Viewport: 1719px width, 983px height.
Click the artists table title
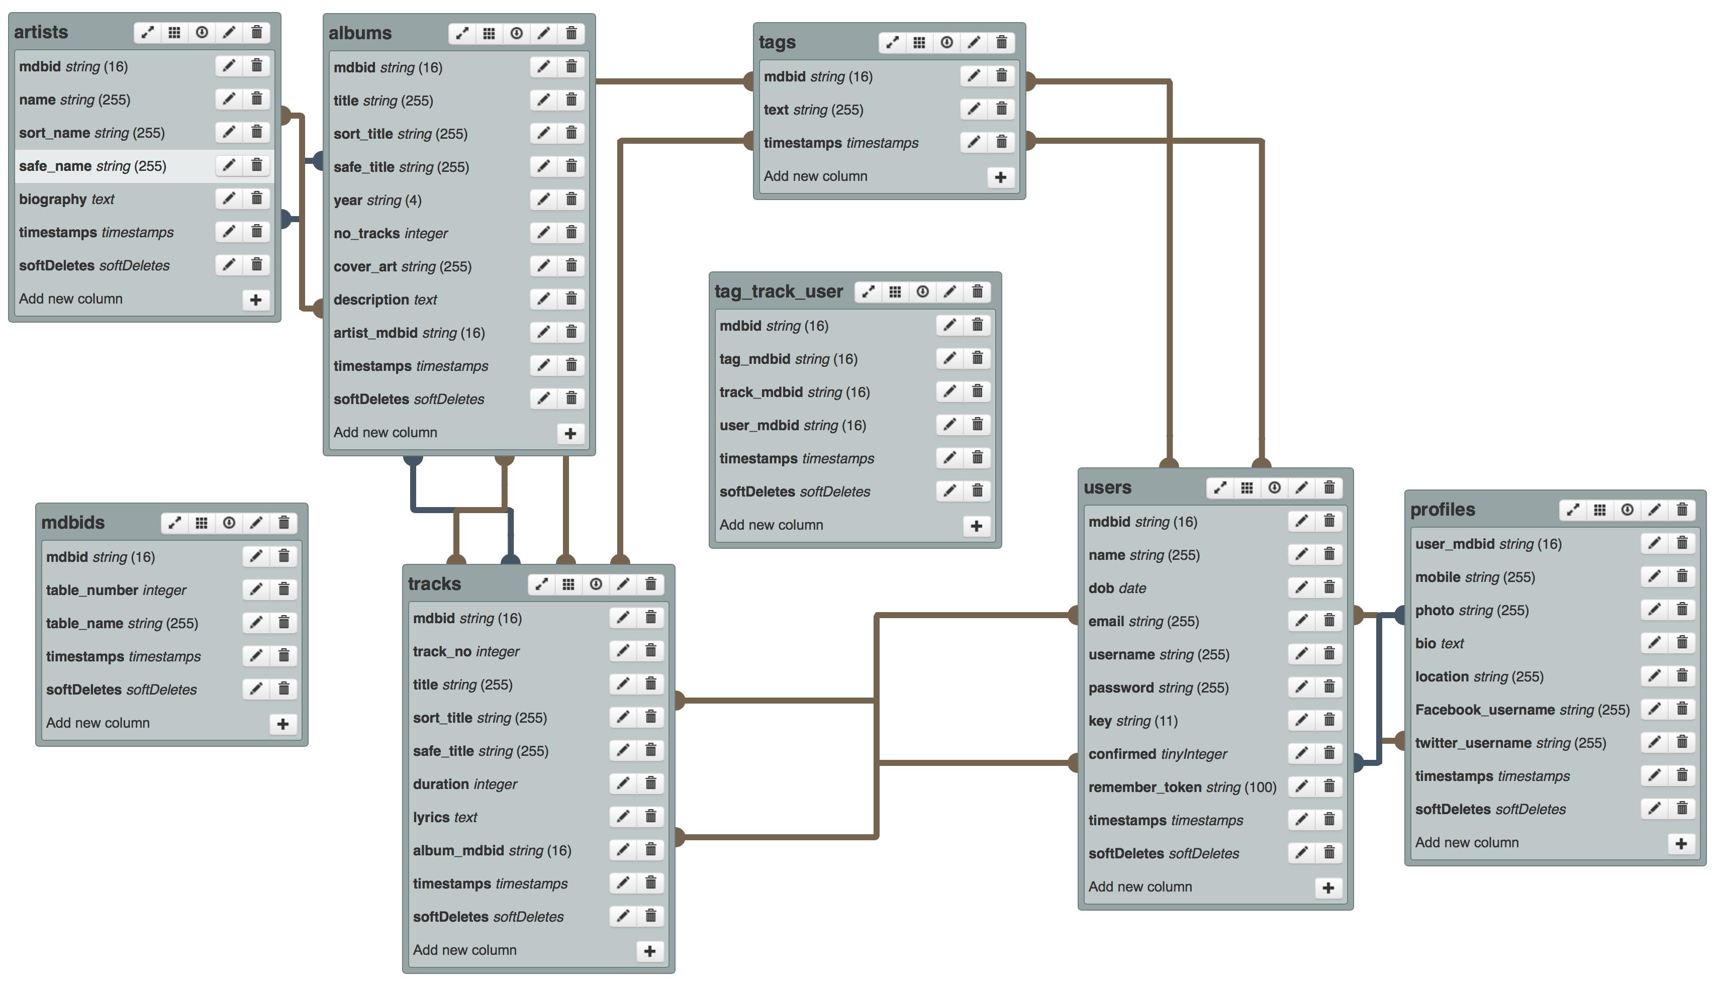coord(41,32)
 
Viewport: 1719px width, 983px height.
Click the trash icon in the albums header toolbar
coord(570,33)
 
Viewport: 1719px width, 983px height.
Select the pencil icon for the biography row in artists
coord(229,199)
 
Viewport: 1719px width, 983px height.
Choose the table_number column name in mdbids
coord(92,590)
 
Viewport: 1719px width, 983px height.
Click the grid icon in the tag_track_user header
coord(895,291)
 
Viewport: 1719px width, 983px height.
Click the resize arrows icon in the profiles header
coord(1573,510)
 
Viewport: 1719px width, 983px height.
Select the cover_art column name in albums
coord(365,267)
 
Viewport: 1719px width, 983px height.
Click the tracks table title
coord(434,584)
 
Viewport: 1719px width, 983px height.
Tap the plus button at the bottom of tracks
coord(649,951)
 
